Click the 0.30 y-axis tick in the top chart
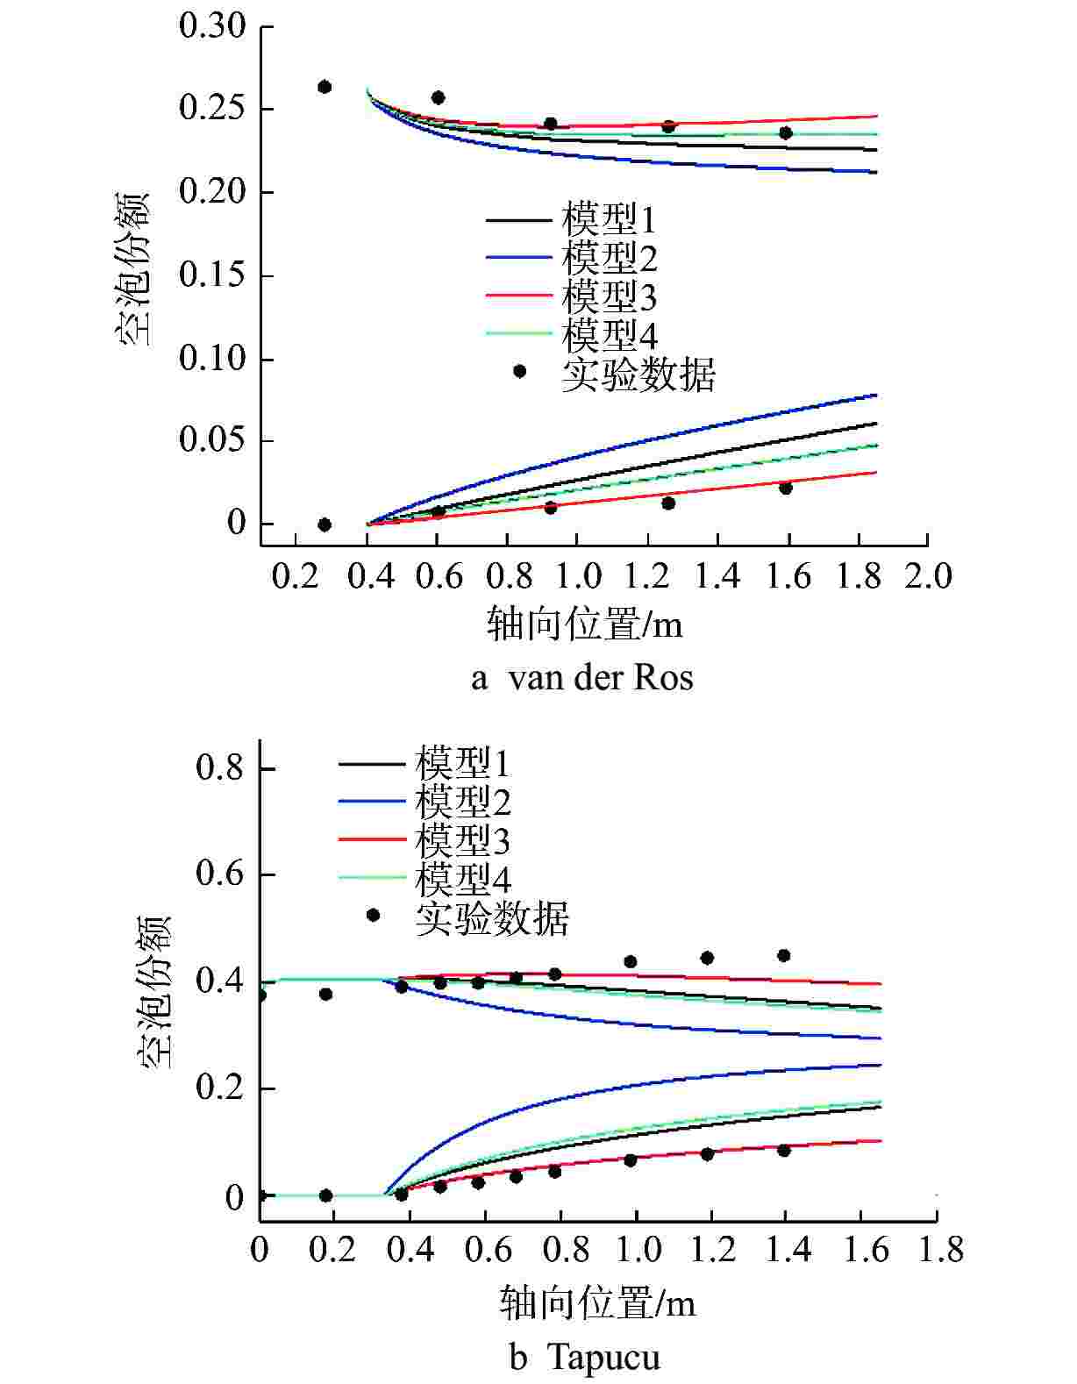pos(212,26)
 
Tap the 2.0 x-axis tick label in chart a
pos(928,577)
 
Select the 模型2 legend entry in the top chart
pos(609,258)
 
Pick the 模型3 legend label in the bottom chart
pos(462,841)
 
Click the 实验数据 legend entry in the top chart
pos(638,374)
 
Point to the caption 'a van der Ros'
pos(582,678)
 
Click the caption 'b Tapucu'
pos(584,1358)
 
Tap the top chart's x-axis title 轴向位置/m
pos(584,625)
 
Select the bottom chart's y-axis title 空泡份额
pos(154,991)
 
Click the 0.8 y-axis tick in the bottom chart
pos(220,769)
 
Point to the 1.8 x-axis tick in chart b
pos(937,1249)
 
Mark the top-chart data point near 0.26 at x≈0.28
pos(325,87)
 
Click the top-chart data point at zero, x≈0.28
pos(325,524)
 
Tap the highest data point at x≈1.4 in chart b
pos(784,955)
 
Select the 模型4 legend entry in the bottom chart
pos(462,879)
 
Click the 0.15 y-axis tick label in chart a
pos(212,276)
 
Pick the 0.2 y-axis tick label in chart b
pos(220,1088)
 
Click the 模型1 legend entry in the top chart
pos(609,219)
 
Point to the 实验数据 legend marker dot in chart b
pos(373,915)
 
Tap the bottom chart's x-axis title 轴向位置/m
pos(598,1303)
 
